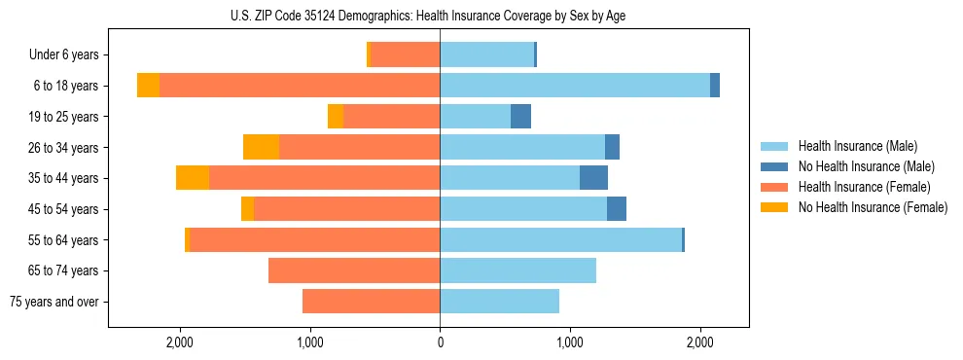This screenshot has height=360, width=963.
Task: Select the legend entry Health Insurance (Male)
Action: tap(857, 146)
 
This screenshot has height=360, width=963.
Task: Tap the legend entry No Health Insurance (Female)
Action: tap(873, 207)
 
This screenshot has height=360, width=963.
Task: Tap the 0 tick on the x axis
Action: tap(440, 342)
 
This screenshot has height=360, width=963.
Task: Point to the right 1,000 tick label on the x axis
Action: tap(569, 342)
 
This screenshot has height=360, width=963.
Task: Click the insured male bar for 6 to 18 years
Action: tap(574, 86)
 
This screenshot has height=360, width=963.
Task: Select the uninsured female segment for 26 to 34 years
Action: tap(261, 147)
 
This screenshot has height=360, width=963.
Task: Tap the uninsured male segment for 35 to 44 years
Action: tap(593, 178)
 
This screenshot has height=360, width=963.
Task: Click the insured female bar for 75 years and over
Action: tap(371, 302)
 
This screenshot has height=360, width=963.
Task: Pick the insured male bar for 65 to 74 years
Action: tap(517, 270)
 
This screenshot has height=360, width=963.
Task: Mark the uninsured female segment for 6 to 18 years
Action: tap(148, 86)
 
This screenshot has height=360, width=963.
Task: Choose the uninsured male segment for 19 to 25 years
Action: tap(520, 117)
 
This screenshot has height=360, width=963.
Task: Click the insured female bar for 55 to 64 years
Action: tap(314, 239)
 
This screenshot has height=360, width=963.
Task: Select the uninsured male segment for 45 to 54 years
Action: tap(617, 209)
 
